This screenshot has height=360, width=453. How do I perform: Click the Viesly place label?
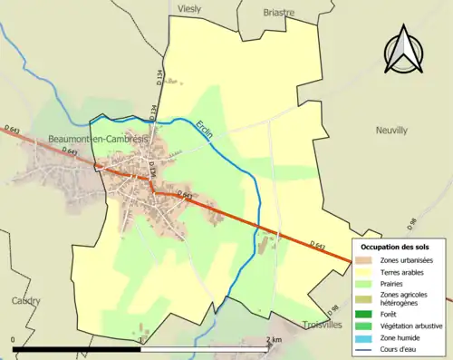point(190,8)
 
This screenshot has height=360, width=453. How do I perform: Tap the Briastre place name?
point(279,13)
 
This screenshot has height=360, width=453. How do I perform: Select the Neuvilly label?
point(391,131)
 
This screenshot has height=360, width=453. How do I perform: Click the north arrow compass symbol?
point(405,52)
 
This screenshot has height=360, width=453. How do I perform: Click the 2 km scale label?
point(275,339)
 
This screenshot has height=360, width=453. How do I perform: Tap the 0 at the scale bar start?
point(14,339)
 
